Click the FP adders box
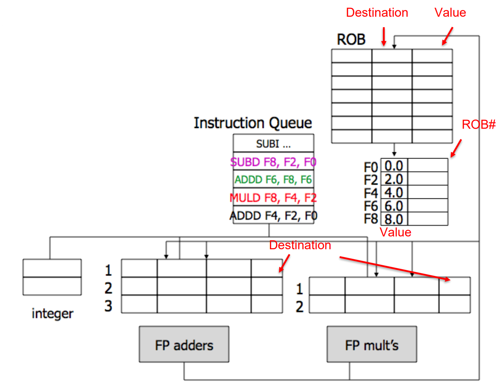184,345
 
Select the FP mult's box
372,345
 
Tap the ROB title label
351,39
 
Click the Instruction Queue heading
253,123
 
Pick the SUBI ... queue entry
273,144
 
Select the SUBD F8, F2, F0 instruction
273,162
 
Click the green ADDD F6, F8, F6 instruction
273,180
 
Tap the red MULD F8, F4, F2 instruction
273,198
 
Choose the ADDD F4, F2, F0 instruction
273,215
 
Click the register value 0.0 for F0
394,166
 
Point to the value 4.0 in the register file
394,193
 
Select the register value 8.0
394,219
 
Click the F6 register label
371,206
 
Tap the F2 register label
371,180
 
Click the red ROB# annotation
478,124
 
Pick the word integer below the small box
52,314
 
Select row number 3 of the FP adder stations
108,306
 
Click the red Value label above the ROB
450,13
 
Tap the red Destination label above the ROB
377,13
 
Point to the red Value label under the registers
396,232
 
